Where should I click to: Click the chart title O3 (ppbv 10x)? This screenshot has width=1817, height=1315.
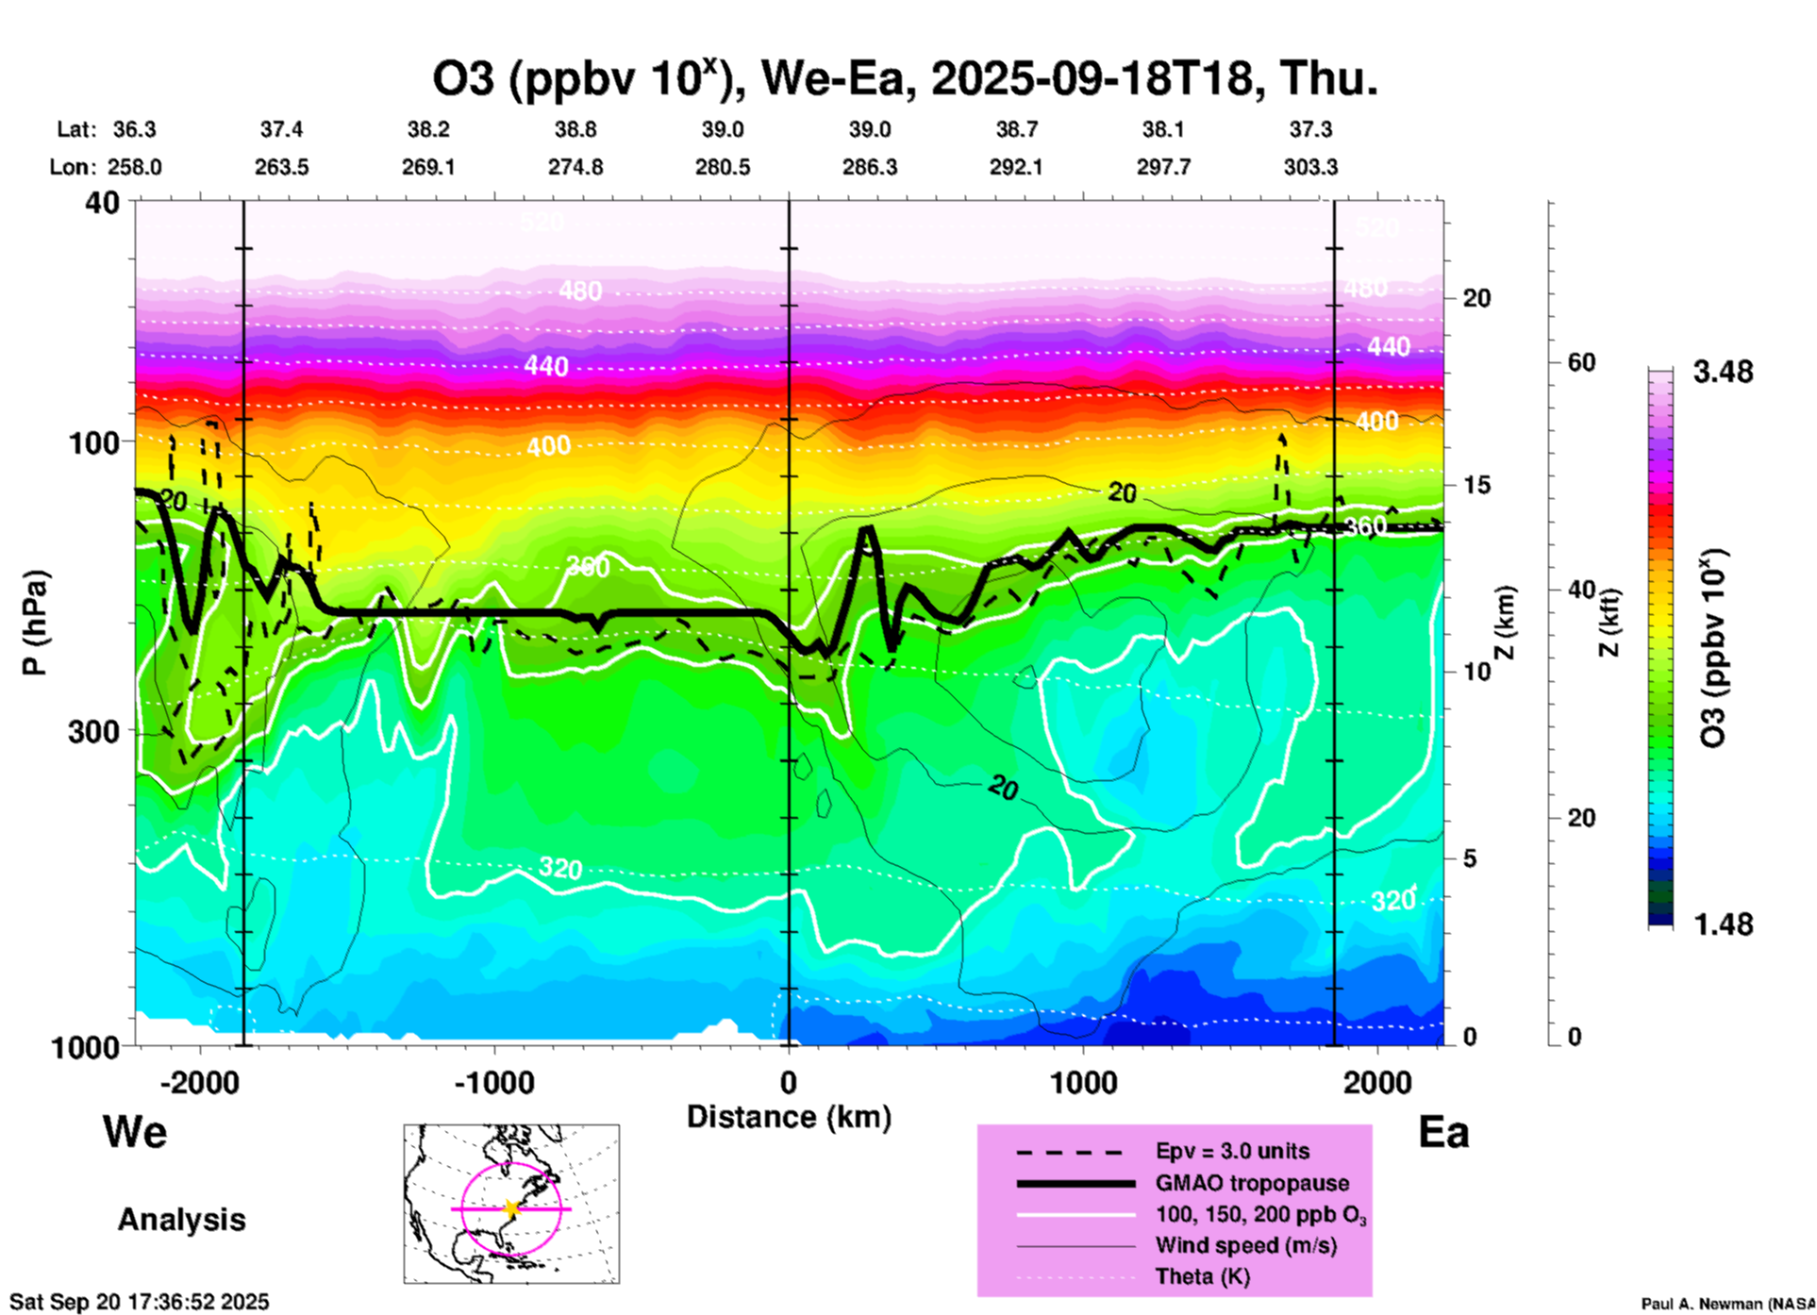pos(904,78)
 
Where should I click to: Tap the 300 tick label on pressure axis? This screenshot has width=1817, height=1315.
pos(93,731)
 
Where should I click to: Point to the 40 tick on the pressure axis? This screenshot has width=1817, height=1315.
pos(103,202)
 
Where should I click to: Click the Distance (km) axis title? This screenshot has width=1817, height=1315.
pos(789,1117)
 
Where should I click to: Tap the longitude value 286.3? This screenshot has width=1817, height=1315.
pos(869,168)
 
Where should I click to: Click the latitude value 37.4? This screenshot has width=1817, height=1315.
pos(281,129)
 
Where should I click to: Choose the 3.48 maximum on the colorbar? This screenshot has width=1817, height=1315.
pos(1723,373)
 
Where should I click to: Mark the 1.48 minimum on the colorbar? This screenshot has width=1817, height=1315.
pos(1723,924)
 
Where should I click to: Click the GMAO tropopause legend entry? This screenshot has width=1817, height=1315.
pos(1252,1183)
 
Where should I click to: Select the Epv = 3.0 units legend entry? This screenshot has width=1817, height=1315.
pos(1232,1152)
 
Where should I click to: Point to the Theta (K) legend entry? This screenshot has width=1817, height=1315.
pos(1202,1277)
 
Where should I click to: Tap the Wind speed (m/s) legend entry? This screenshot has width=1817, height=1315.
pos(1245,1246)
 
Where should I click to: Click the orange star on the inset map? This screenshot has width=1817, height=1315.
pos(510,1208)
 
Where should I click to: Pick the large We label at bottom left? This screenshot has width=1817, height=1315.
pos(135,1131)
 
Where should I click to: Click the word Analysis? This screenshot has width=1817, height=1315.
pos(181,1220)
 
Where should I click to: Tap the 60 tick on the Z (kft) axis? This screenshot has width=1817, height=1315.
pos(1581,362)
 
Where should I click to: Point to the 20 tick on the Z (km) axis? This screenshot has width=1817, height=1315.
pos(1476,299)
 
